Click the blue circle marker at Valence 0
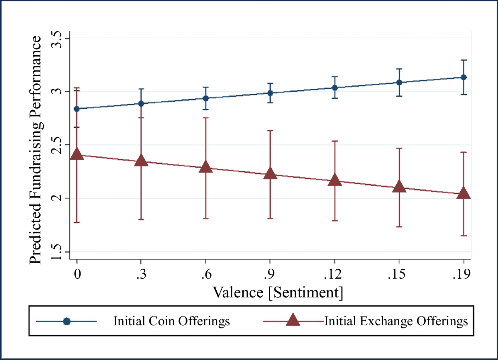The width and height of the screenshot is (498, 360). [x=77, y=109]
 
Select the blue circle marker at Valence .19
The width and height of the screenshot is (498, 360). [x=464, y=78]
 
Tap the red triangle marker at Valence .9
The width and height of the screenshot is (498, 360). [x=270, y=173]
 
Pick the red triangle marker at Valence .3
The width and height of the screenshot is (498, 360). [x=141, y=160]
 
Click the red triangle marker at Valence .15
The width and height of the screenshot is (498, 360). [x=399, y=187]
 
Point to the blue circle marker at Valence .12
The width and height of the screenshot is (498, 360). [x=334, y=88]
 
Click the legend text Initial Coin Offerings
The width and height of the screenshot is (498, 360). [x=171, y=321]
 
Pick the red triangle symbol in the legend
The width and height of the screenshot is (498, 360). [x=293, y=321]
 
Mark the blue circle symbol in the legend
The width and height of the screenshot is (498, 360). [x=66, y=321]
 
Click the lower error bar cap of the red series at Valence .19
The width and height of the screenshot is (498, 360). [x=464, y=236]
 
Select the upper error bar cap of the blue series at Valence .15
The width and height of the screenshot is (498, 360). [x=399, y=69]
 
